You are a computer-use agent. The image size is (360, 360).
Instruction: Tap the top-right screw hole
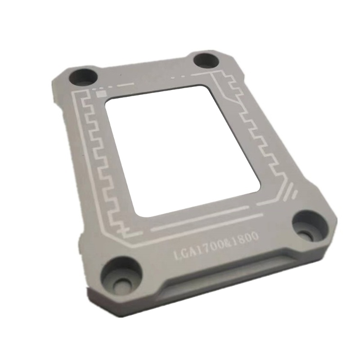coord(207,60)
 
